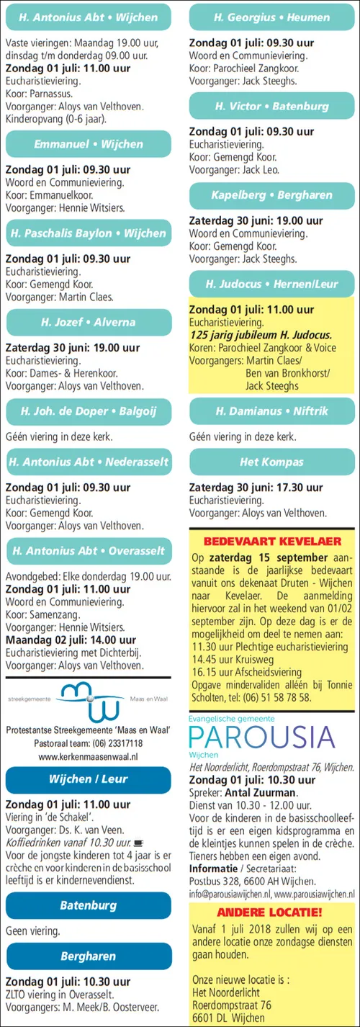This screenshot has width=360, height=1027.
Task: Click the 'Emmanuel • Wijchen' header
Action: pos(88,144)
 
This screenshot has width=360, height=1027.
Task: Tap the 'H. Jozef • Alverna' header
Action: pos(88,322)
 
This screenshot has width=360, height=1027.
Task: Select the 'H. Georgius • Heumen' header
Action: pos(271,16)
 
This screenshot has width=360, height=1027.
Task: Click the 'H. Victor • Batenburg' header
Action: pos(271,106)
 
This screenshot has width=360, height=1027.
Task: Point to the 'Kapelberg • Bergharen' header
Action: pos(271,195)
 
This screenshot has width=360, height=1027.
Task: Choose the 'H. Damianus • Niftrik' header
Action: pos(271,411)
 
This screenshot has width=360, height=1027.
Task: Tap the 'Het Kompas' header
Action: pos(271,462)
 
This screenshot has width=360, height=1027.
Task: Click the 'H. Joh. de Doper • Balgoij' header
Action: pos(88,412)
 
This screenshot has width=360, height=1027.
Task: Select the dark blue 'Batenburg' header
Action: pos(88,905)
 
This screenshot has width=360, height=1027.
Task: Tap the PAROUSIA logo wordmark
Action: pos(262,736)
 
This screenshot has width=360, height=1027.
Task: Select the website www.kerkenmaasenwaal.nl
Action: pos(88,756)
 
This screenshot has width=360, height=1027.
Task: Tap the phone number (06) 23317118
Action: pos(116,743)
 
